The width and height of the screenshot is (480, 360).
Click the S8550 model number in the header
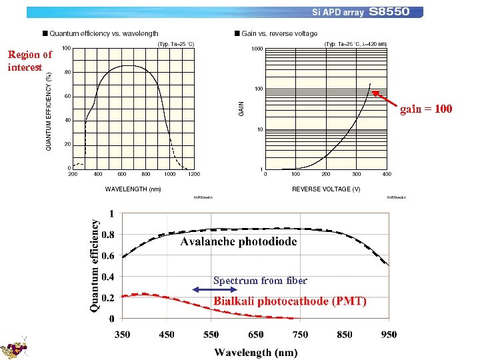[394, 12]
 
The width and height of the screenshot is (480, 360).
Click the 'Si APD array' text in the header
[337, 13]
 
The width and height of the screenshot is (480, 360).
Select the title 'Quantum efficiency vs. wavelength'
[103, 33]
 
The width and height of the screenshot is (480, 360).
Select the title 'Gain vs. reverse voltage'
[279, 33]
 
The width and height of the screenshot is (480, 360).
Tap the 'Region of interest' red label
[29, 61]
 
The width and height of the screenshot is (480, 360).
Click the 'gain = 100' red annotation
[426, 109]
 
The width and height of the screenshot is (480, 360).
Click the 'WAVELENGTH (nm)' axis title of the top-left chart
[133, 189]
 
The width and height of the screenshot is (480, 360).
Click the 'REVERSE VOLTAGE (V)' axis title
[326, 189]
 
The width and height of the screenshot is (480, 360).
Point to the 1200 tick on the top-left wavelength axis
[194, 175]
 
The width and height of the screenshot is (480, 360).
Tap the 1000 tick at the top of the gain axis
[257, 49]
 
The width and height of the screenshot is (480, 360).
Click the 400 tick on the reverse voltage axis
[387, 175]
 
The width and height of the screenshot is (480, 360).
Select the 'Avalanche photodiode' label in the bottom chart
[239, 241]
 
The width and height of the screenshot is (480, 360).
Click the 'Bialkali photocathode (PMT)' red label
[290, 301]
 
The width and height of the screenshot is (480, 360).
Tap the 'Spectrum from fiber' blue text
[260, 281]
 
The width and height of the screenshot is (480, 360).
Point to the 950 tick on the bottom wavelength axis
[389, 334]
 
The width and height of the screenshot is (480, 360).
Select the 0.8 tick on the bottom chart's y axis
[107, 235]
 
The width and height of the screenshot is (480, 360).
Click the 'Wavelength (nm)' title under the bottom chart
[255, 352]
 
